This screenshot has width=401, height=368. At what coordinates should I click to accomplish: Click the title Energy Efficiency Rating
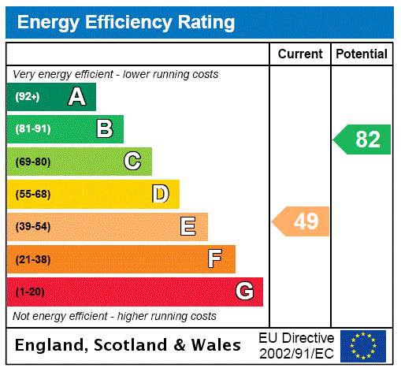[x=125, y=22]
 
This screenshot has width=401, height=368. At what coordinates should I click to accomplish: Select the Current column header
[x=299, y=54]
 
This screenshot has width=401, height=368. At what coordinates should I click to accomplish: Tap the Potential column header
[x=362, y=54]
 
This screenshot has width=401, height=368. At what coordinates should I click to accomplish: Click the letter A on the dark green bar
[x=76, y=97]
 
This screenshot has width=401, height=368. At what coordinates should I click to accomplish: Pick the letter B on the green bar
[x=104, y=129]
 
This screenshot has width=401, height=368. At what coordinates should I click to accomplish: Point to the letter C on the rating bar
[x=132, y=162]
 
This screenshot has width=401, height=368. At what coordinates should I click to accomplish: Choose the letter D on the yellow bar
[x=161, y=194]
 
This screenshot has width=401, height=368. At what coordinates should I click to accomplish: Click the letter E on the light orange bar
[x=188, y=227]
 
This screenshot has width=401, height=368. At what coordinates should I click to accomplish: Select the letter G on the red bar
[x=244, y=292]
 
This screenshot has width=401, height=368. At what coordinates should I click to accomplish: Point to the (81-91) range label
[x=32, y=129]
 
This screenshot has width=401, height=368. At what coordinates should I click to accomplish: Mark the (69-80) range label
[x=32, y=162]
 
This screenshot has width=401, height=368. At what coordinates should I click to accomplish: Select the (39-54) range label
[x=32, y=227]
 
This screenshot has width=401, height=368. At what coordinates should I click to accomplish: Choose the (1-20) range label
[x=30, y=292]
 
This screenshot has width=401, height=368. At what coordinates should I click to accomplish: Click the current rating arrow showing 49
[x=302, y=221]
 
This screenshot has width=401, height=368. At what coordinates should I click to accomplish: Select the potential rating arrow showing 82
[x=363, y=139]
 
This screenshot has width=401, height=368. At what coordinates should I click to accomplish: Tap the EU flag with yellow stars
[x=363, y=346]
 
